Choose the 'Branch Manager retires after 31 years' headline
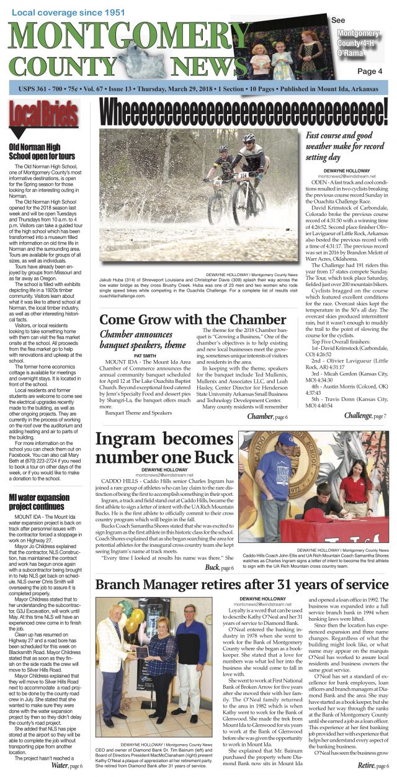(241, 585)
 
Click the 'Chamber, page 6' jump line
(267, 417)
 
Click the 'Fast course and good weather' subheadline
(347, 146)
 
